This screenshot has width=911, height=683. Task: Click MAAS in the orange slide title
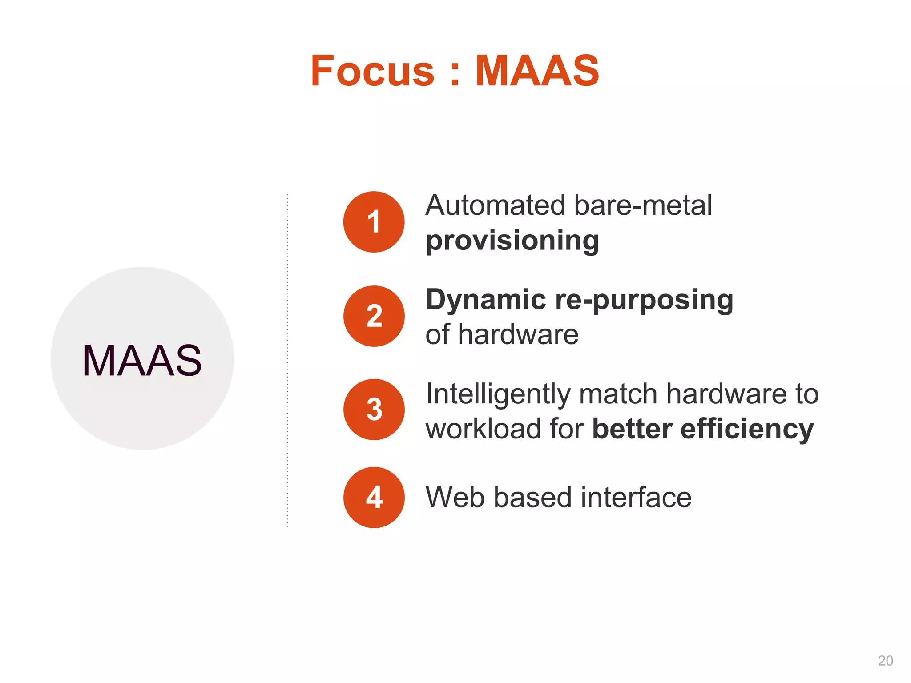pos(537,71)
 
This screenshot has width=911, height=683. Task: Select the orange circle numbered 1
pos(374,222)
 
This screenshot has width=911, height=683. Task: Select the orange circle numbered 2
pos(374,316)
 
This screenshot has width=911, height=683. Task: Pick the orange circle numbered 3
pos(374,410)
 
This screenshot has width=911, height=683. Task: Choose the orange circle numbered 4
pos(374,498)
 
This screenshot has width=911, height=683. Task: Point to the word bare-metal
pos(643,205)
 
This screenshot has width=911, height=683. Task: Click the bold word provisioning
pos(512,241)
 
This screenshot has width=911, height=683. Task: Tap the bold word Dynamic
pos(486,299)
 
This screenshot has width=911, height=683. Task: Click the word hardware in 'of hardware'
pos(518,334)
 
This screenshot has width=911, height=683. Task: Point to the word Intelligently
pos(498,394)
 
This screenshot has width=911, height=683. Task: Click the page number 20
pos(885,661)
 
